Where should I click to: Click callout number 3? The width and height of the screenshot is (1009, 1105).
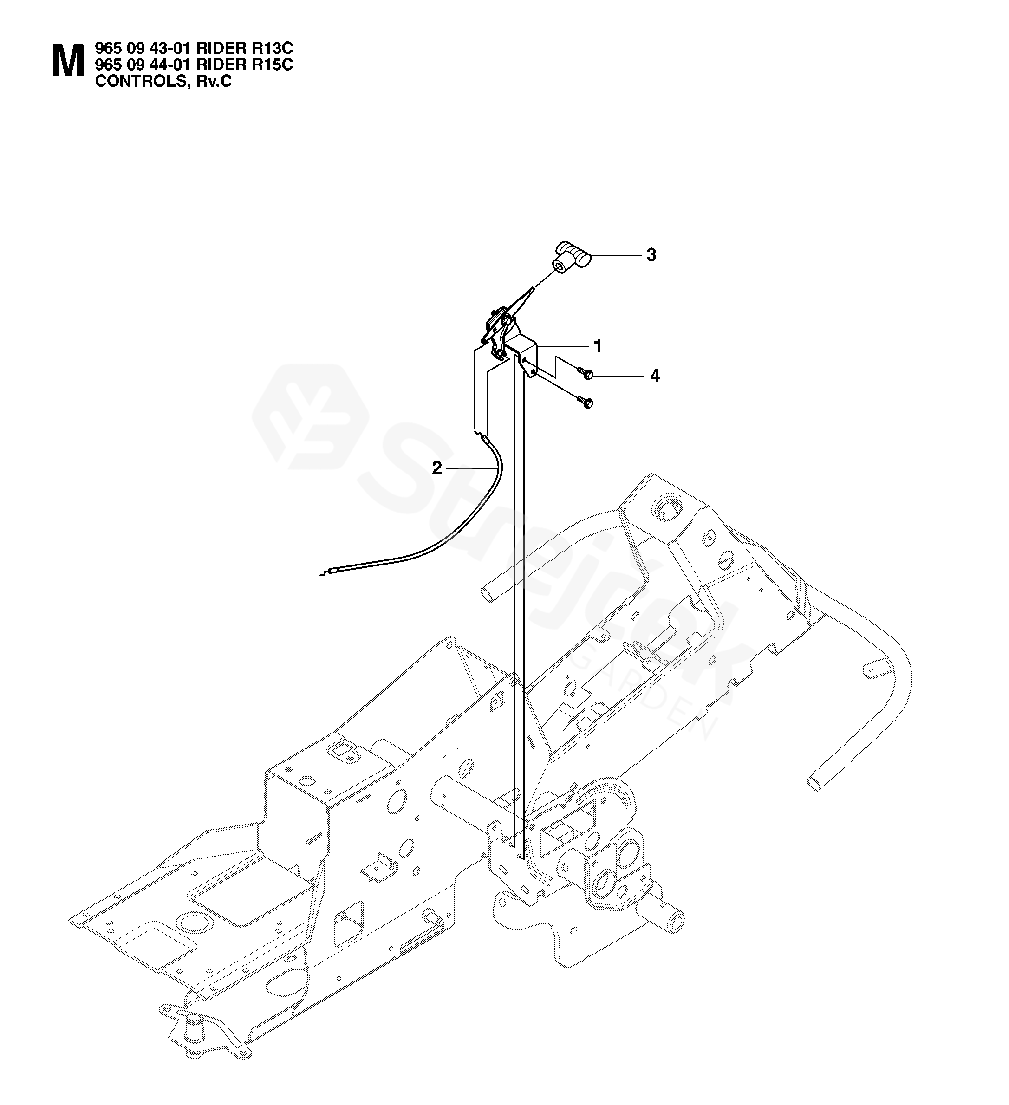pyautogui.click(x=651, y=255)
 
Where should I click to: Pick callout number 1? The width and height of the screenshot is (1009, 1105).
pyautogui.click(x=598, y=346)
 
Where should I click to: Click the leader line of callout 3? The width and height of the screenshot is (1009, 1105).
pyautogui.click(x=614, y=255)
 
